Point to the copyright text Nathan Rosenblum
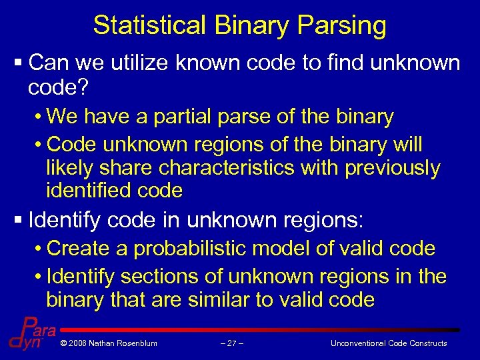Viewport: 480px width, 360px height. [x=108, y=343]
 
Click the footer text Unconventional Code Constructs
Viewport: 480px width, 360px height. [x=389, y=343]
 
